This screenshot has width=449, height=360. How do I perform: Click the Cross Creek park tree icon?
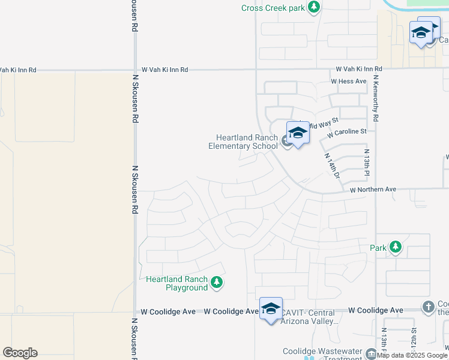point(313,7)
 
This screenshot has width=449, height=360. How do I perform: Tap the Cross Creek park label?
point(273,8)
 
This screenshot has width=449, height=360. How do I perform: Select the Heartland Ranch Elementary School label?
point(243,142)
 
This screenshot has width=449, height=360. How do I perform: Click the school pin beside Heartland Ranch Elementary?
point(297,133)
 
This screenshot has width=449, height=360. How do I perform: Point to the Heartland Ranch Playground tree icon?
point(216,283)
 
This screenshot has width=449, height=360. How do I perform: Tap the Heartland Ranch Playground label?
point(177,284)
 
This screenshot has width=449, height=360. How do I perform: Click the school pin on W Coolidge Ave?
point(271,309)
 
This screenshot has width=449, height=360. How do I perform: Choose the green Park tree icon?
point(395,247)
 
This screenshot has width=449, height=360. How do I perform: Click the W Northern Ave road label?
point(373,190)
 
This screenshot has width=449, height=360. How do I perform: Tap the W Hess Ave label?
point(348,81)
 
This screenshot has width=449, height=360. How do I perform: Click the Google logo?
point(20,353)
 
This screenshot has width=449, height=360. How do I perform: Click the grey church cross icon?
point(428,307)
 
